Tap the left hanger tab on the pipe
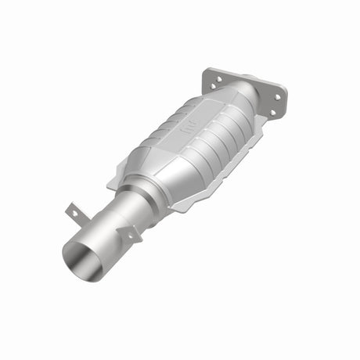pos(73,212)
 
